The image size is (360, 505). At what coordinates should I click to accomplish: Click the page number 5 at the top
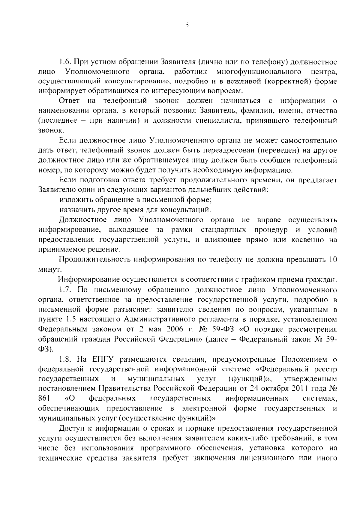pyautogui.click(x=187, y=26)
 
